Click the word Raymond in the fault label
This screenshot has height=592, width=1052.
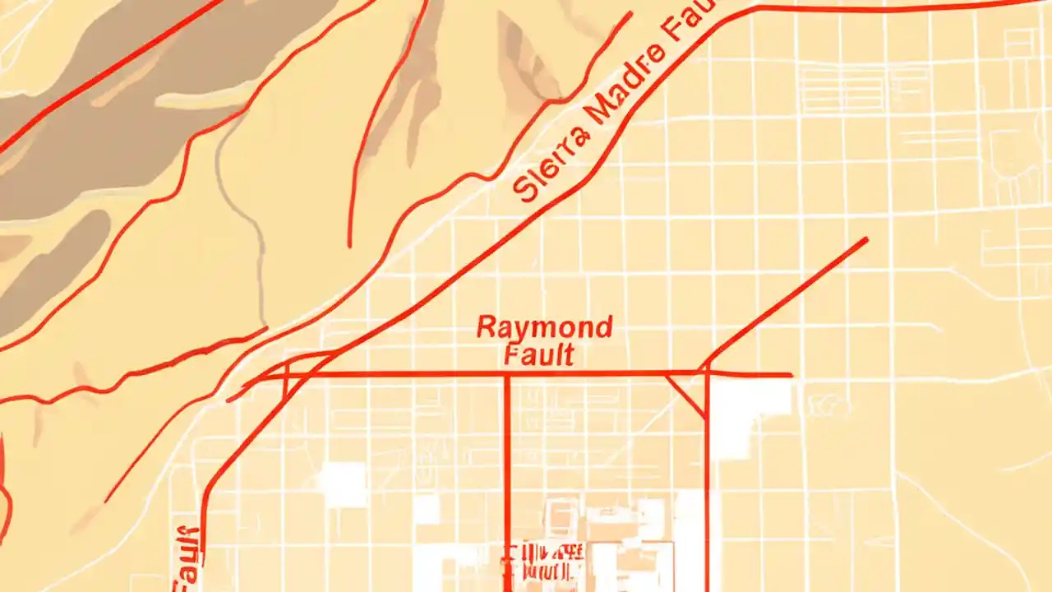(x=544, y=327)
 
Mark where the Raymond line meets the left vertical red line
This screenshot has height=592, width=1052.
(x=506, y=375)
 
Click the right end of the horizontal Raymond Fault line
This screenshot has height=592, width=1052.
(x=790, y=375)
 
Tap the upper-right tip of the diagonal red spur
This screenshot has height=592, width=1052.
(x=865, y=239)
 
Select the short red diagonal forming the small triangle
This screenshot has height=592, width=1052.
(x=685, y=395)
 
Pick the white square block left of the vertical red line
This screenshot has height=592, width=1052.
(x=343, y=483)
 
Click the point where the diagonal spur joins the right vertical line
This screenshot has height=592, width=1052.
(x=706, y=365)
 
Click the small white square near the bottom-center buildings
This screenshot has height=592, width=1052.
(x=426, y=510)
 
